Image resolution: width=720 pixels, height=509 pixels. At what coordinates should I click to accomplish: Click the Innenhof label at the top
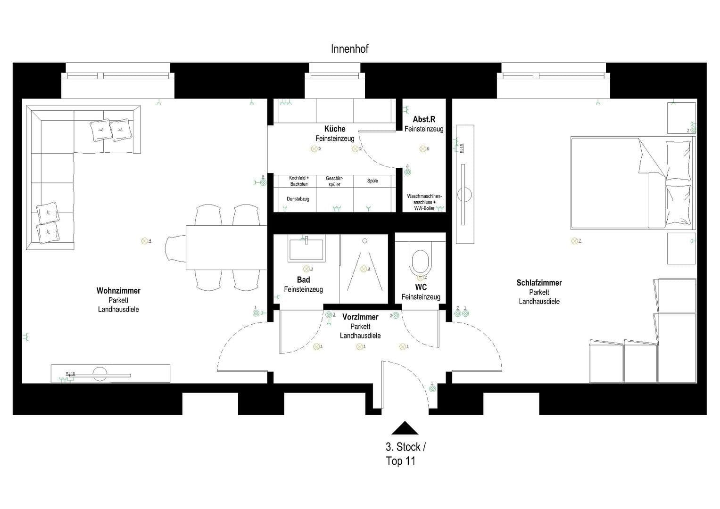click(349, 49)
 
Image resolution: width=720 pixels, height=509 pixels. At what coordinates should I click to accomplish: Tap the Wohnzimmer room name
click(118, 291)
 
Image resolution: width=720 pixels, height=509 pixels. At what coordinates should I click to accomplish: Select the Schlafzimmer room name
click(539, 283)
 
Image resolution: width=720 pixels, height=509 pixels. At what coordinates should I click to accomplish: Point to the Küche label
click(335, 129)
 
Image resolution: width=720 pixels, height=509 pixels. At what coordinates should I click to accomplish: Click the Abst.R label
click(423, 119)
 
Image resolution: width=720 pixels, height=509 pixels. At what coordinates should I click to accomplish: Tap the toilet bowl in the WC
click(420, 262)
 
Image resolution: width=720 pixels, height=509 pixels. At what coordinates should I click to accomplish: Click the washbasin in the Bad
click(306, 249)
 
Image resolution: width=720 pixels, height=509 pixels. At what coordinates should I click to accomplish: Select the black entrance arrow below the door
click(405, 428)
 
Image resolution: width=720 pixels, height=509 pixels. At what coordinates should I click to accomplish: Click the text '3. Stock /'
click(406, 447)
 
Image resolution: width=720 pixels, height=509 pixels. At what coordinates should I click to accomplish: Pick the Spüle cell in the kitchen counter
click(372, 181)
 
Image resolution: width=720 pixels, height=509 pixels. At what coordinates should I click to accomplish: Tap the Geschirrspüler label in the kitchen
click(334, 181)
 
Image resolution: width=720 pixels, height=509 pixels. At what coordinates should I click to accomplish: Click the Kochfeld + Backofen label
click(298, 181)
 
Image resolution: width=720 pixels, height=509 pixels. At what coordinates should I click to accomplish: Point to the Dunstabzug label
click(298, 199)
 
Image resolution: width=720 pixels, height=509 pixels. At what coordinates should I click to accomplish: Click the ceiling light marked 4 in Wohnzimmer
click(145, 241)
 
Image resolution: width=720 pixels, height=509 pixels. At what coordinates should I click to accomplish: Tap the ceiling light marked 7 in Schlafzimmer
click(574, 241)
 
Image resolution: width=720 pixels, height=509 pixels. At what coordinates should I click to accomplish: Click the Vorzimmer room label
click(360, 317)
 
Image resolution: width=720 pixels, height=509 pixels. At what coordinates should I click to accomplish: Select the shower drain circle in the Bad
click(364, 241)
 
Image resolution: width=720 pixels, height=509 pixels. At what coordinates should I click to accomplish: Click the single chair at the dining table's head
click(175, 248)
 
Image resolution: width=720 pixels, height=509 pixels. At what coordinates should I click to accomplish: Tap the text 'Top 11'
click(400, 461)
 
